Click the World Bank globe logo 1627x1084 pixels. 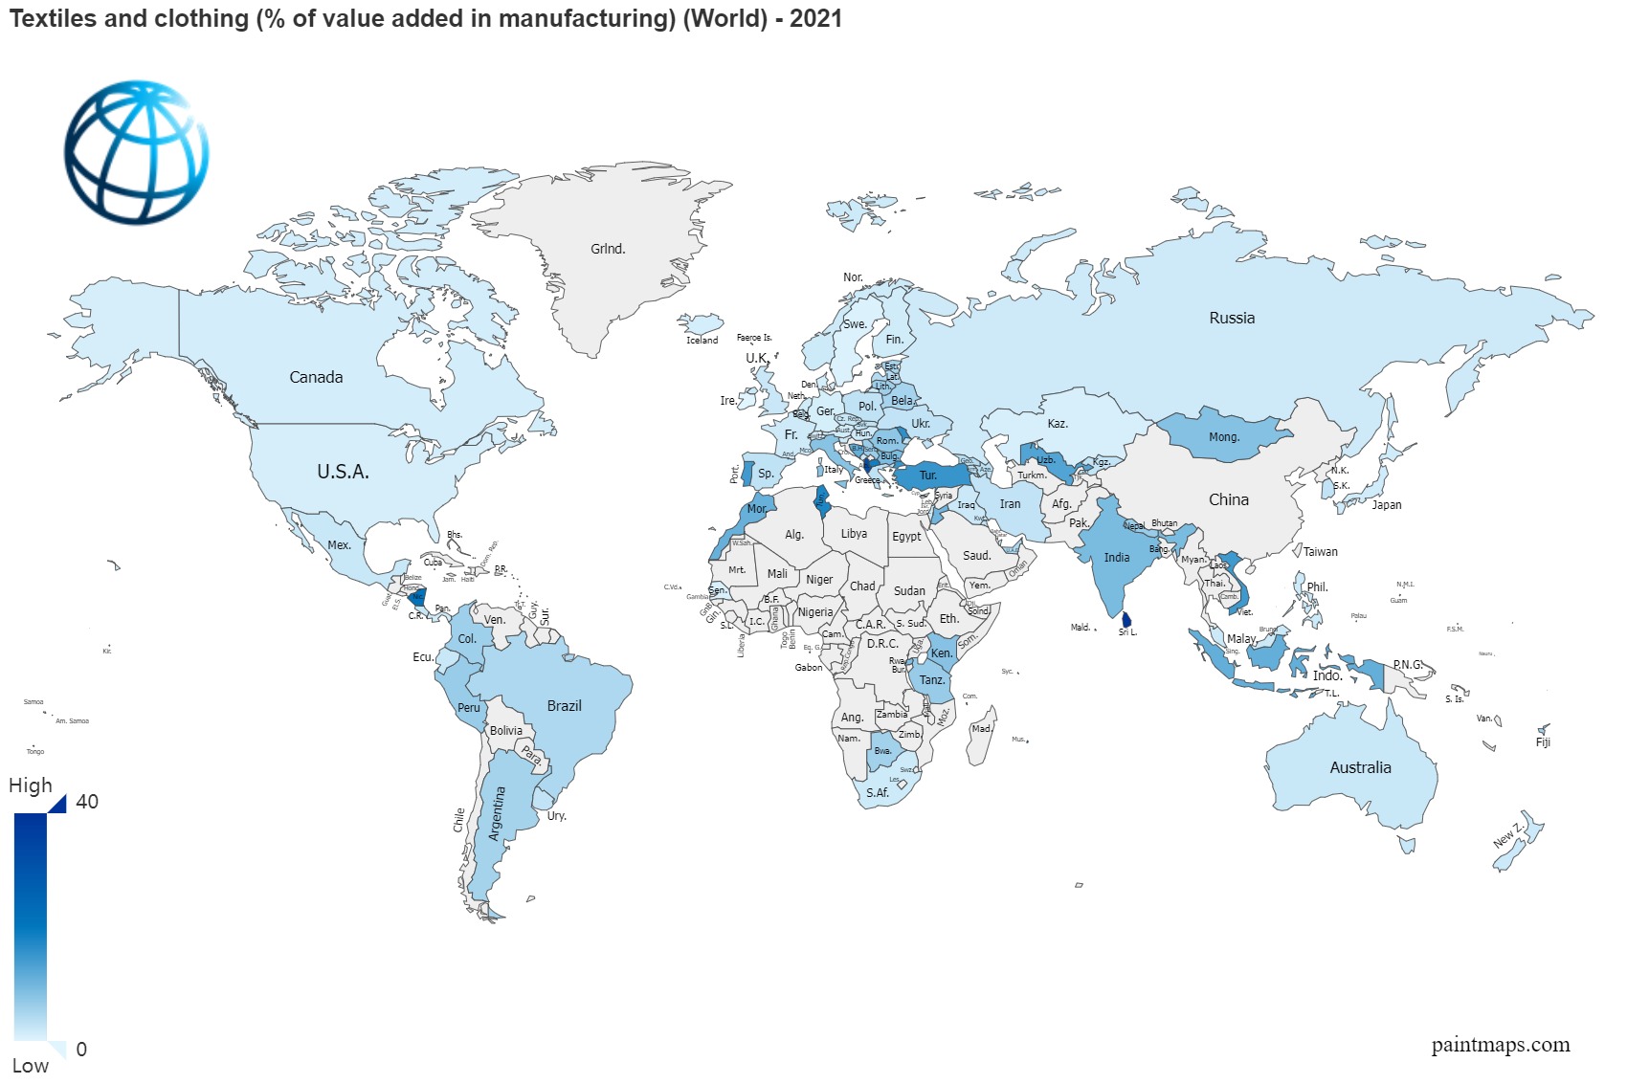(x=136, y=152)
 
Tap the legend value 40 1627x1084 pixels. (x=87, y=802)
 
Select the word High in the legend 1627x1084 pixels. (x=31, y=785)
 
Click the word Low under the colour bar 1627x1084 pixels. (x=31, y=1065)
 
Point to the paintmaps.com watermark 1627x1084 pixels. (x=1500, y=1044)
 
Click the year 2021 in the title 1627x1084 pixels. (x=815, y=18)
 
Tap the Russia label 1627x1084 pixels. (x=1231, y=318)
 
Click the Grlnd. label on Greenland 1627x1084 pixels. (x=608, y=249)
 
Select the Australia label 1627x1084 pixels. (x=1360, y=767)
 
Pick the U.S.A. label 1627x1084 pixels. (x=343, y=472)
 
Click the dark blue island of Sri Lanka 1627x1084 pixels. (x=1126, y=620)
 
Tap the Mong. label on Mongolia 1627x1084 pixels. (x=1223, y=437)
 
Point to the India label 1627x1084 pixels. (x=1116, y=557)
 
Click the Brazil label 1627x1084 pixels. (x=564, y=705)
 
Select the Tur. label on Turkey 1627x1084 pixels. (x=927, y=476)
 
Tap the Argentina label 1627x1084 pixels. (x=496, y=813)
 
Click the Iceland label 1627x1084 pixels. (x=702, y=340)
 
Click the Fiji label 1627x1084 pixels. (x=1542, y=742)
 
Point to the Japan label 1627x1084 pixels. (x=1386, y=504)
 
